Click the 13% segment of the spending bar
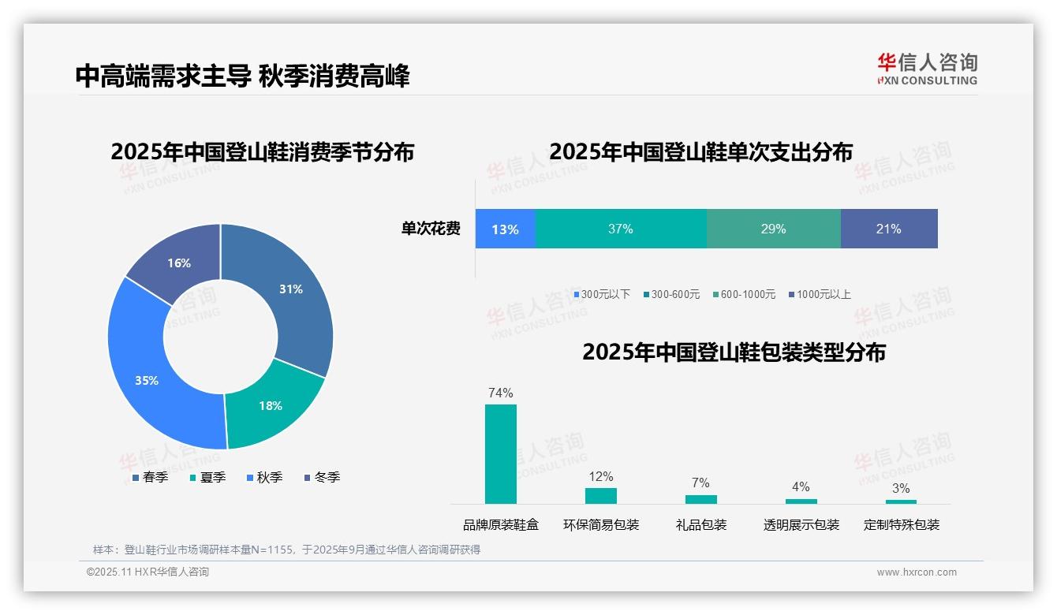tap(505, 229)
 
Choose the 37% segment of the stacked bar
tap(621, 229)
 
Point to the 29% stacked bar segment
tap(773, 229)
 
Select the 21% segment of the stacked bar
tap(888, 229)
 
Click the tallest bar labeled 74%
tap(500, 453)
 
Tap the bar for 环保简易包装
tap(600, 495)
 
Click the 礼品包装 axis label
tap(700, 524)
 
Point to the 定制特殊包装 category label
tap(901, 524)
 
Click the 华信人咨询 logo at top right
tap(927, 69)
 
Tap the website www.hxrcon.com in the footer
tap(916, 572)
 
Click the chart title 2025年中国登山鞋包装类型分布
tap(734, 352)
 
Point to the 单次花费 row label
tap(431, 229)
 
